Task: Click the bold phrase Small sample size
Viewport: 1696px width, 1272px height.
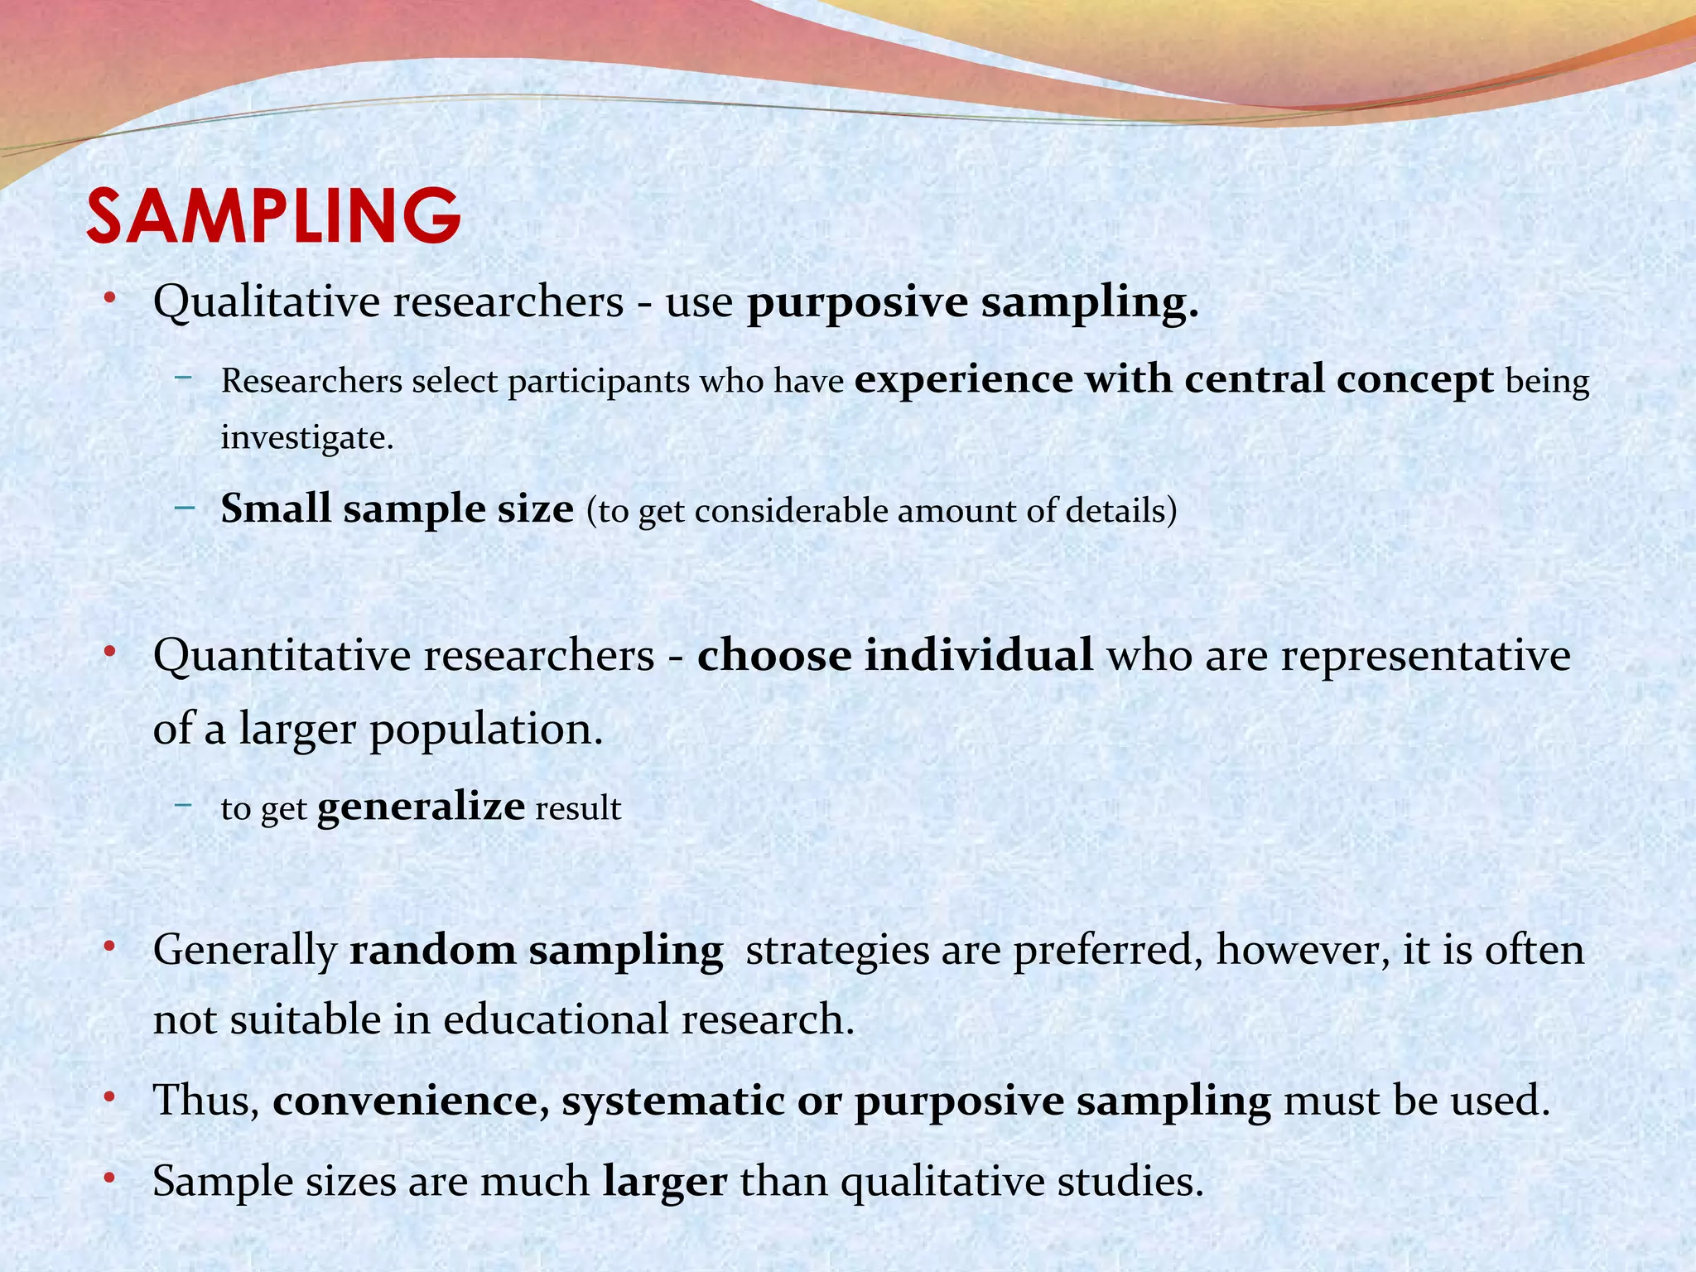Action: click(x=397, y=508)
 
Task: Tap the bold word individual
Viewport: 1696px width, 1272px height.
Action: click(x=979, y=655)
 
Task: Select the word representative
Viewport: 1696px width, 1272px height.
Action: click(x=1425, y=656)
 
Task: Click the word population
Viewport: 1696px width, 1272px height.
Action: click(x=485, y=730)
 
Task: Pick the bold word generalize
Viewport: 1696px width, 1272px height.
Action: click(x=421, y=807)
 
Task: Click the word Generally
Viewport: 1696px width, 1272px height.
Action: click(x=244, y=950)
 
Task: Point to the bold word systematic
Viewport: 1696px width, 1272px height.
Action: click(x=672, y=1101)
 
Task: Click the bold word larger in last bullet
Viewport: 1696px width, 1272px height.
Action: click(x=665, y=1181)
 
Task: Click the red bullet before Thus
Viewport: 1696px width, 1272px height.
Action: click(x=109, y=1099)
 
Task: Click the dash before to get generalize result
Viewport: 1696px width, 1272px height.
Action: click(x=184, y=804)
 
